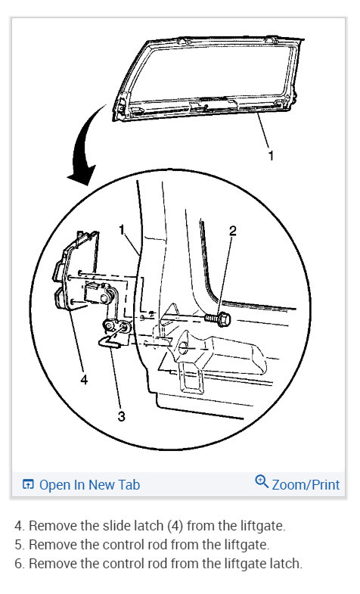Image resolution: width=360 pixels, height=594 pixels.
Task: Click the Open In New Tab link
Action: coord(89,485)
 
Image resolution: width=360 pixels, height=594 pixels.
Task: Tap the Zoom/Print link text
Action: coord(306,485)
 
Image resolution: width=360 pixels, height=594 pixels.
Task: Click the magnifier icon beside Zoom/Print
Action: coord(262,481)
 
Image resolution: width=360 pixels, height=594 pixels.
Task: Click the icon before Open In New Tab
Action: coord(28,485)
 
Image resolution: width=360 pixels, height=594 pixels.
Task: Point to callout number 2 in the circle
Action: coord(233,232)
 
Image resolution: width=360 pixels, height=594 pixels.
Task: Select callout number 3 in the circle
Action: coord(121,415)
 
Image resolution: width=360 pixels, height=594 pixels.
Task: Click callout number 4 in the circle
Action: coord(84,380)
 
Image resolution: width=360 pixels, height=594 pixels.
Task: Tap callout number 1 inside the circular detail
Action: coord(122,229)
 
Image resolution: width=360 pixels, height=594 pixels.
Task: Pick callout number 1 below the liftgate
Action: coord(272,156)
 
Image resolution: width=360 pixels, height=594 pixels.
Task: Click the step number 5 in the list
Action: coord(18,544)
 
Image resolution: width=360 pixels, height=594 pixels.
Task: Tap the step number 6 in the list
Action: coord(18,564)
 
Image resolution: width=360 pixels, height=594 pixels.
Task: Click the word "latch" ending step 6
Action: coord(285,564)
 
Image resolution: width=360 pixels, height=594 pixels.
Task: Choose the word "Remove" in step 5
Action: coord(50,544)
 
